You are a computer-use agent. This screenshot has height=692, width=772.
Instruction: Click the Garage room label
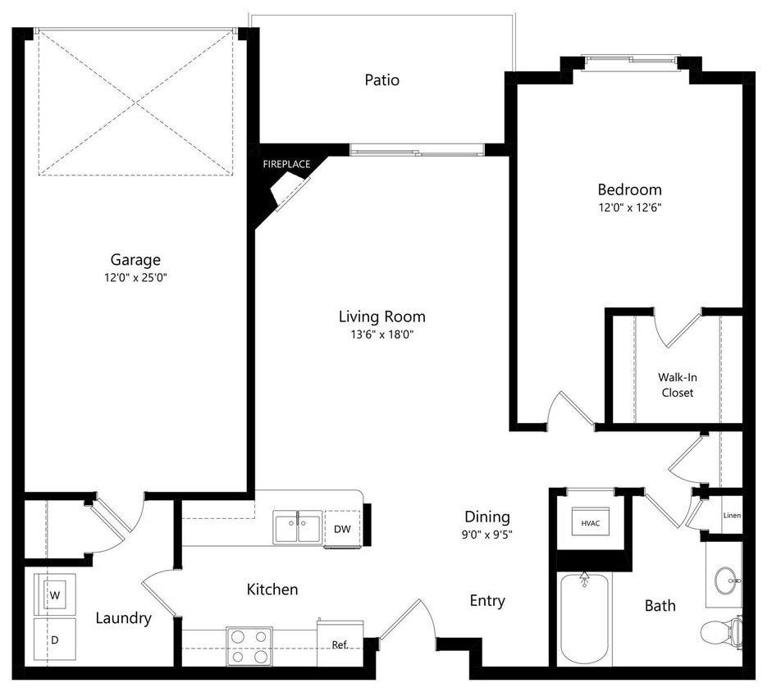pyautogui.click(x=135, y=260)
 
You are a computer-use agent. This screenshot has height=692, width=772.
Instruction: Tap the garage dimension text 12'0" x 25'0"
pyautogui.click(x=135, y=278)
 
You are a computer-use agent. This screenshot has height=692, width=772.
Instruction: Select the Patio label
pyautogui.click(x=381, y=80)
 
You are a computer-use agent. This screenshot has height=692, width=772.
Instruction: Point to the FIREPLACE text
pyautogui.click(x=286, y=164)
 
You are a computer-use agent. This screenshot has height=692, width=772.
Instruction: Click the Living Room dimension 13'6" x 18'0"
pyautogui.click(x=381, y=334)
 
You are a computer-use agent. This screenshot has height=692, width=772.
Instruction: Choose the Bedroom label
pyautogui.click(x=629, y=189)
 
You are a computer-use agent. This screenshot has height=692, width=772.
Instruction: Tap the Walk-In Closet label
pyautogui.click(x=677, y=385)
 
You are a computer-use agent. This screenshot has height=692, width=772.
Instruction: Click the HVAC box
pyautogui.click(x=591, y=522)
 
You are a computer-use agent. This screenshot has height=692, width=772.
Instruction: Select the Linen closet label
pyautogui.click(x=732, y=516)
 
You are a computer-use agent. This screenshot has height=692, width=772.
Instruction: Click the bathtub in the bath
pyautogui.click(x=584, y=619)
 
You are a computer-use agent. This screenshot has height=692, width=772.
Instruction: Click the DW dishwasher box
pyautogui.click(x=342, y=529)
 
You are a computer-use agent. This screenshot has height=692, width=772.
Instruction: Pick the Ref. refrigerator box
pyautogui.click(x=340, y=644)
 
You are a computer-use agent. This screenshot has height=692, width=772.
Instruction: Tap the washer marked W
pyautogui.click(x=55, y=594)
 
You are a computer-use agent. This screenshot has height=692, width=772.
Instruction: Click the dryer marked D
pyautogui.click(x=55, y=637)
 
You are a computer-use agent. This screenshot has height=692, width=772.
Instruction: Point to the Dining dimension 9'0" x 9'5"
pyautogui.click(x=487, y=535)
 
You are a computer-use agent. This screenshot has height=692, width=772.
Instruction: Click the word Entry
pyautogui.click(x=487, y=601)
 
